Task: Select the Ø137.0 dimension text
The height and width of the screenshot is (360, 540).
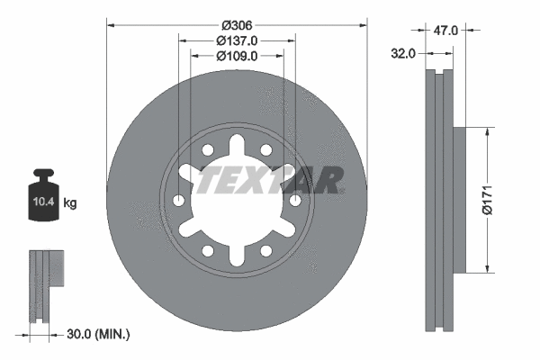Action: tap(238, 40)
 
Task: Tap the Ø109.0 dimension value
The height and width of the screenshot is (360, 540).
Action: tap(238, 56)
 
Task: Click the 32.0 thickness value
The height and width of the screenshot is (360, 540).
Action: tap(403, 53)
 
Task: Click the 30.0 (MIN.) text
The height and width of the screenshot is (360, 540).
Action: tap(99, 334)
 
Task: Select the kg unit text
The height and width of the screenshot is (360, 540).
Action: tap(70, 203)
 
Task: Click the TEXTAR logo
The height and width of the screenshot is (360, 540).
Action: tap(270, 180)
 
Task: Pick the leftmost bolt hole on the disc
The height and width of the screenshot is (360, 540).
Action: tap(180, 200)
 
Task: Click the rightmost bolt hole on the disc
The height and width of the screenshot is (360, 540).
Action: tap(295, 200)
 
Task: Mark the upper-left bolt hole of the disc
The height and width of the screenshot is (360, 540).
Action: tap(208, 150)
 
